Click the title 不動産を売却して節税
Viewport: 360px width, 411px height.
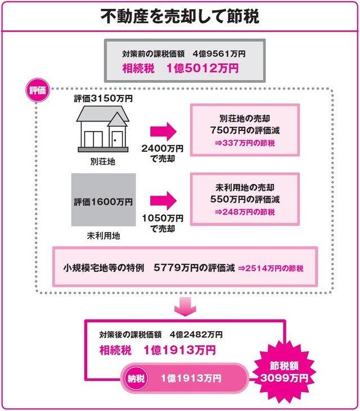pos(179,16)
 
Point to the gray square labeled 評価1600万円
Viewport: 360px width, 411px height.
pos(103,201)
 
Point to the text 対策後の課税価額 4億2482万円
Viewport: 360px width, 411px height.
pos(161,333)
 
